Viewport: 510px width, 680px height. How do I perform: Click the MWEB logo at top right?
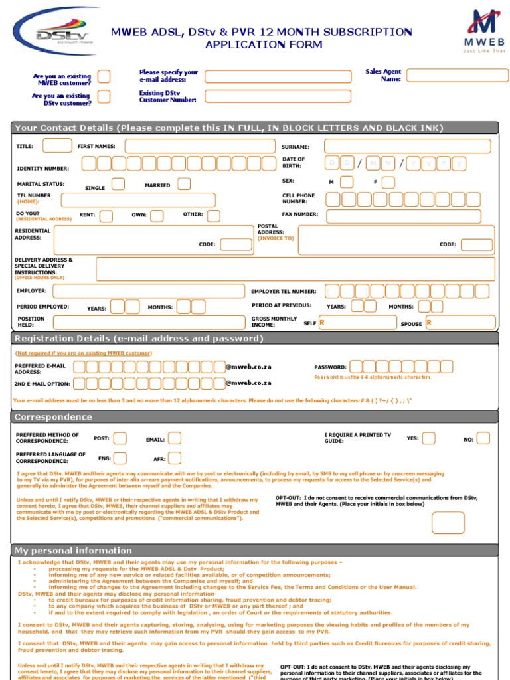(x=484, y=31)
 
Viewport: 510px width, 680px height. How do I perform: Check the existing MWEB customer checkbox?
(x=104, y=77)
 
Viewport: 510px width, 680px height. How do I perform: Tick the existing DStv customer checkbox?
(x=104, y=97)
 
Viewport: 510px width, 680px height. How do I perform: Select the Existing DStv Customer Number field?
(x=278, y=96)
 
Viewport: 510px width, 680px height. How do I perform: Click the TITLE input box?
(x=57, y=146)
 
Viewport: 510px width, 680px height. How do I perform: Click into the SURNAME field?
(x=407, y=146)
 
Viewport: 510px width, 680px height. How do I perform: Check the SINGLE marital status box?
(x=118, y=184)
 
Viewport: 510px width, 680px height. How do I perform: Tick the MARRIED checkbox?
(x=184, y=184)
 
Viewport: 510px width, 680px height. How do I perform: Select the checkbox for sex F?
(x=388, y=182)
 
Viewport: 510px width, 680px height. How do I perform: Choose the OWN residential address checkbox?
(x=157, y=216)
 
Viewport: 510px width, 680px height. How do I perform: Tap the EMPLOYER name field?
(x=148, y=291)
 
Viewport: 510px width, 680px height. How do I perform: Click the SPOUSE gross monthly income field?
(x=460, y=323)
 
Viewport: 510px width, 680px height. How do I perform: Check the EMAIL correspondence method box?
(x=175, y=438)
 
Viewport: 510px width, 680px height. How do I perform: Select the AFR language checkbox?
(x=175, y=458)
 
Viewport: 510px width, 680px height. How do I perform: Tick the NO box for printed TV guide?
(x=483, y=438)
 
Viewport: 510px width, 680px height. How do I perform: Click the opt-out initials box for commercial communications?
(x=448, y=523)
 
